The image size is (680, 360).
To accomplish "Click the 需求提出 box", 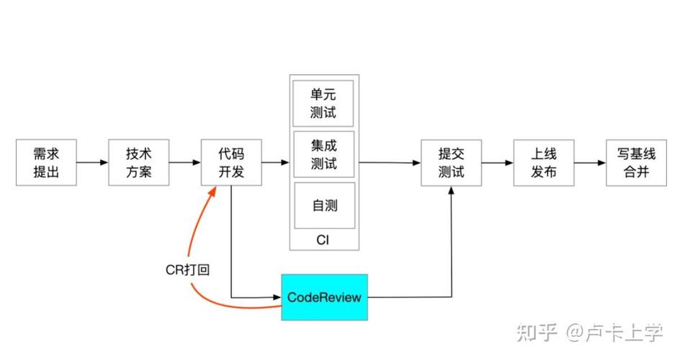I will (46, 163).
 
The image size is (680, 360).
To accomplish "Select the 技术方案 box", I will (139, 163).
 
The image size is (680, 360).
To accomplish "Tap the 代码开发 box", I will (231, 163).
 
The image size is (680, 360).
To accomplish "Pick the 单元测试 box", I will (324, 103).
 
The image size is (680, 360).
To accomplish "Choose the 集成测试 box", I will (324, 153).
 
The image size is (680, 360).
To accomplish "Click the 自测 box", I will (324, 205).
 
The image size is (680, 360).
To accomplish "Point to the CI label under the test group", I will (324, 240).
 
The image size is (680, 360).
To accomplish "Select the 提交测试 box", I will (452, 163).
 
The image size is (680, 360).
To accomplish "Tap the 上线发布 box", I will (544, 163).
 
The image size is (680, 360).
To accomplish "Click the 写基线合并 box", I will (637, 163).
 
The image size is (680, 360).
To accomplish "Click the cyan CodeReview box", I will (324, 297).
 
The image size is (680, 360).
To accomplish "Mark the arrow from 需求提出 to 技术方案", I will (92, 163).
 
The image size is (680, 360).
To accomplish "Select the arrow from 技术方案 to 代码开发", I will (185, 163).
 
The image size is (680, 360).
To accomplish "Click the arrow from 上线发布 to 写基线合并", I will (590, 163).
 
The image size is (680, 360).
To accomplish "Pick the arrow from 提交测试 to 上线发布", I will (498, 163).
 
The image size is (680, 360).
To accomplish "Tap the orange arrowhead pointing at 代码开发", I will (212, 191).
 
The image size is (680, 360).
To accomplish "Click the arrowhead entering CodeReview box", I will (276, 297).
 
